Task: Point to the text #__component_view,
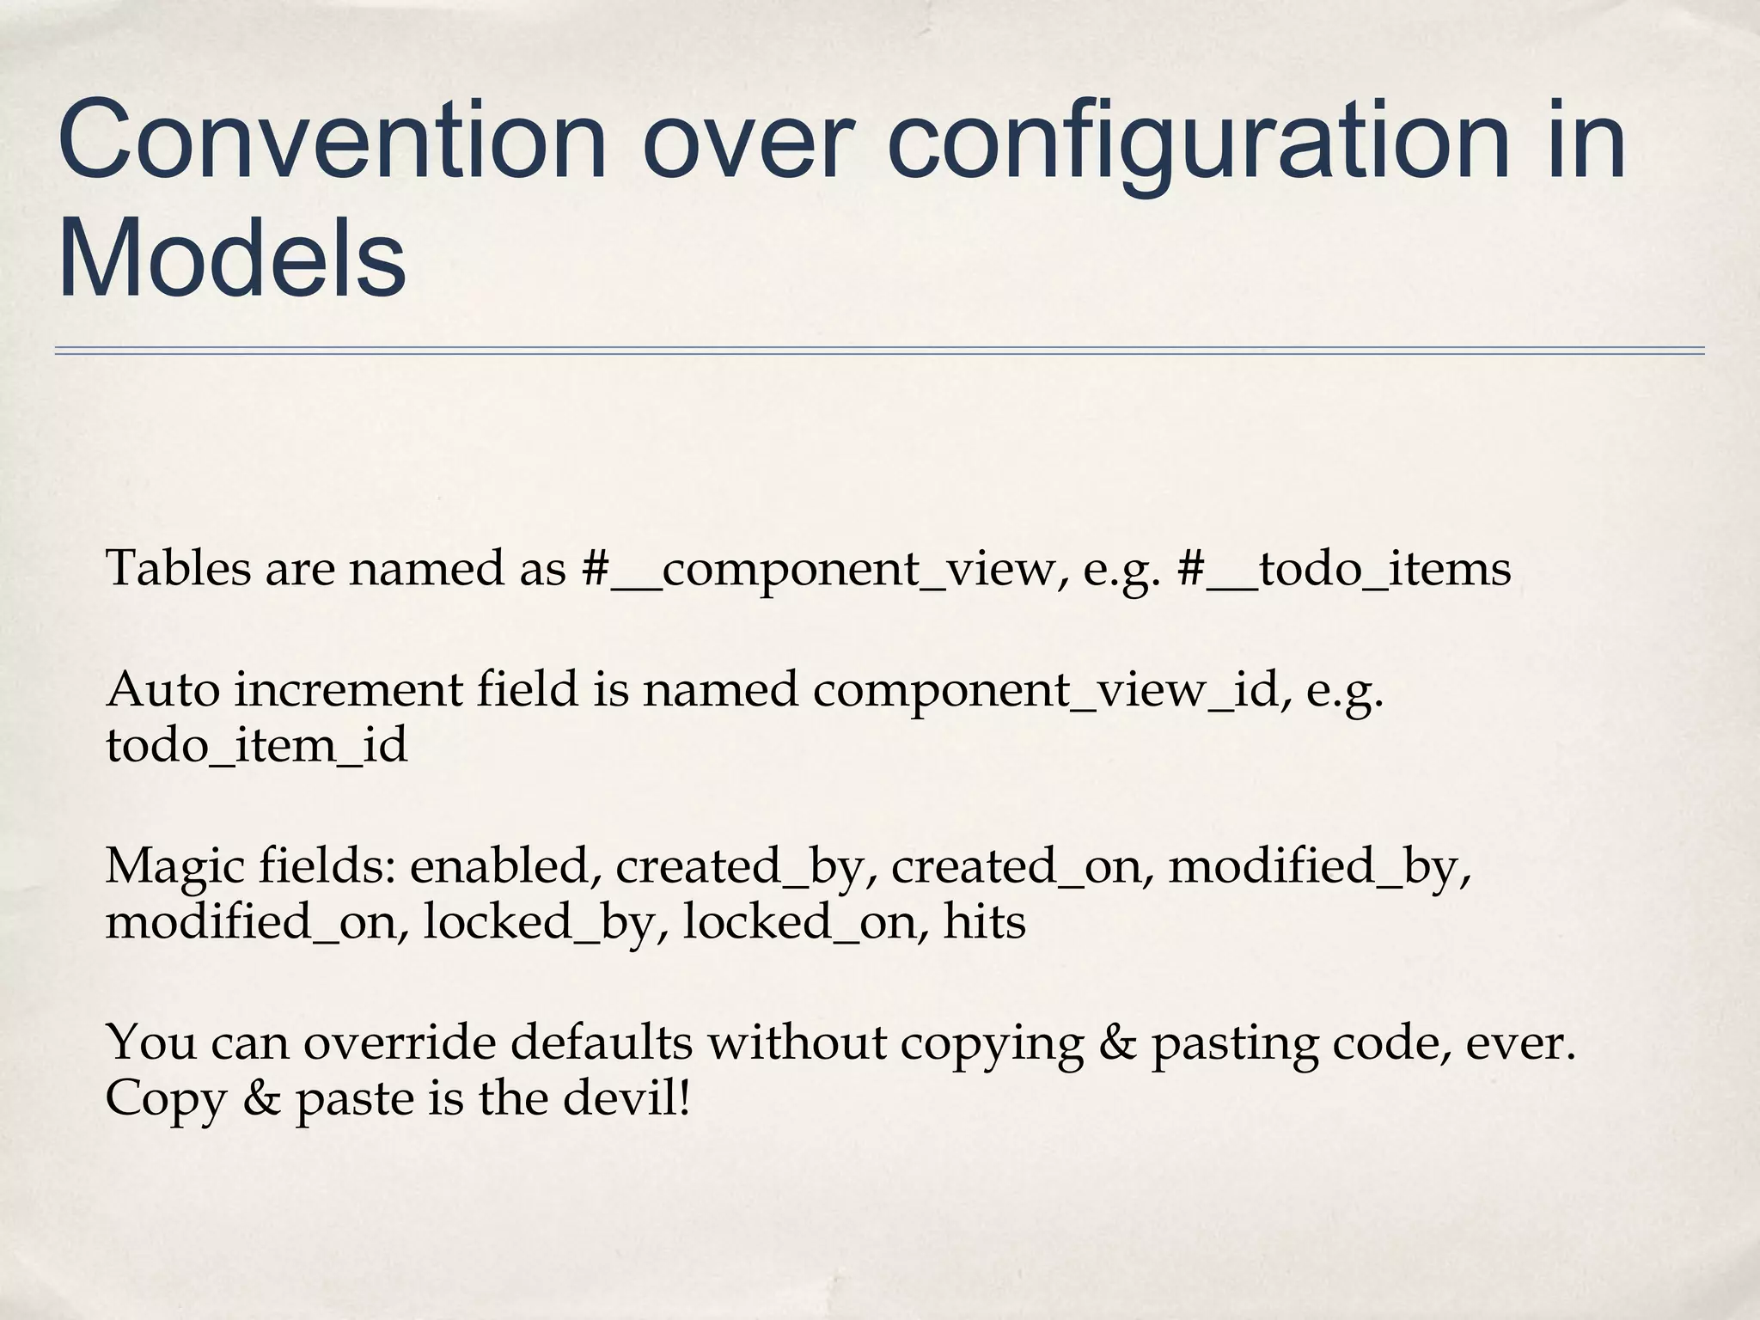point(824,569)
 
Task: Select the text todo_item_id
point(256,744)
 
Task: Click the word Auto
point(162,689)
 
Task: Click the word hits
point(985,921)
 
